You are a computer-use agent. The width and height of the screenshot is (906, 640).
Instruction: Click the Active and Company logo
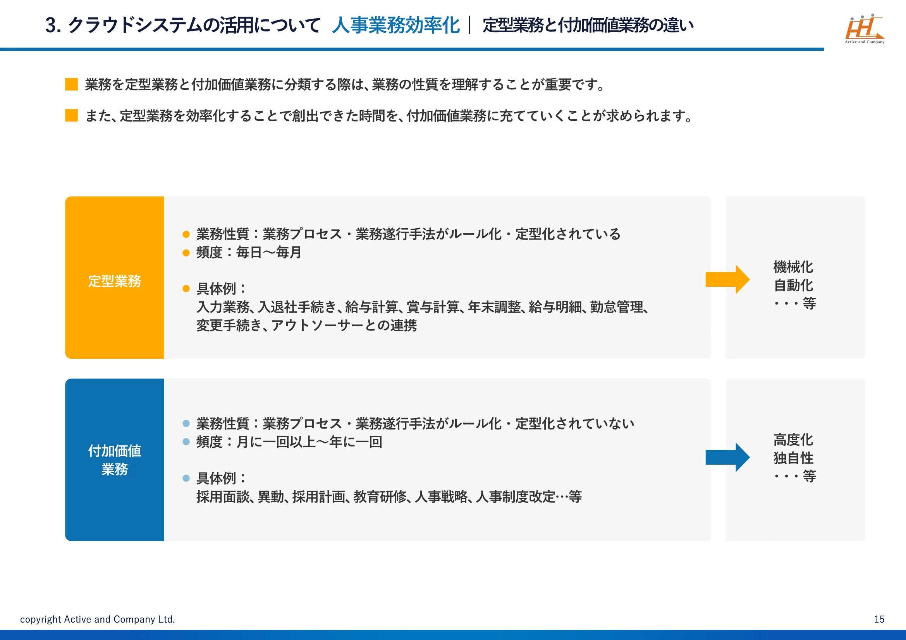(864, 29)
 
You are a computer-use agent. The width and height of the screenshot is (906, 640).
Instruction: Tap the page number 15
(879, 619)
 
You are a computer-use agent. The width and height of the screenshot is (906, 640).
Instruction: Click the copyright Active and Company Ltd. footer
(98, 619)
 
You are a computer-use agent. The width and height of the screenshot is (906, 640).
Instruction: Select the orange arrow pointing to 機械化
(728, 279)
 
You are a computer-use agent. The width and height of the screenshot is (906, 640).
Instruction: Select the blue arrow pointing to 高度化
(728, 457)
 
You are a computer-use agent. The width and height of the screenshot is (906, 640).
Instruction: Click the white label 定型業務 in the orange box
(114, 281)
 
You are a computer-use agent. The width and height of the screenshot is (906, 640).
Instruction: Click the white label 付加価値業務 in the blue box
(114, 460)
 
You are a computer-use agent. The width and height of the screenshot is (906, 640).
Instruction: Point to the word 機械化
(793, 267)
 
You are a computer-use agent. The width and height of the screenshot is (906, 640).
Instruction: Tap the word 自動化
(793, 285)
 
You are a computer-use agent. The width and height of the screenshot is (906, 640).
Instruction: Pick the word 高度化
(793, 440)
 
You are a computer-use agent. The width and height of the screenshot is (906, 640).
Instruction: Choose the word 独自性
(793, 458)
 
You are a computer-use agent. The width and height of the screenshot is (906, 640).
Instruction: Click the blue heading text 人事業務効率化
(396, 25)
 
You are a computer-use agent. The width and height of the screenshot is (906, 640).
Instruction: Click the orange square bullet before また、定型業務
(71, 115)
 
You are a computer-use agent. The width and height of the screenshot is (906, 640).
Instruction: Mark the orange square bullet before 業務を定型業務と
(71, 84)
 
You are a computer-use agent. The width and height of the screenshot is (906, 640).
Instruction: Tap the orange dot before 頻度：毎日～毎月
(186, 253)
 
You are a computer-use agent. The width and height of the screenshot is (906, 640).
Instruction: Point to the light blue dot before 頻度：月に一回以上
(186, 442)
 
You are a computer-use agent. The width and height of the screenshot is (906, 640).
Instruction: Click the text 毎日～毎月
(269, 252)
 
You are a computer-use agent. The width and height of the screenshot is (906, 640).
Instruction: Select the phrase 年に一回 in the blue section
(356, 442)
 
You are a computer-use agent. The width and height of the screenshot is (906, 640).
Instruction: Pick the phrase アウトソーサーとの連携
(344, 325)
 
